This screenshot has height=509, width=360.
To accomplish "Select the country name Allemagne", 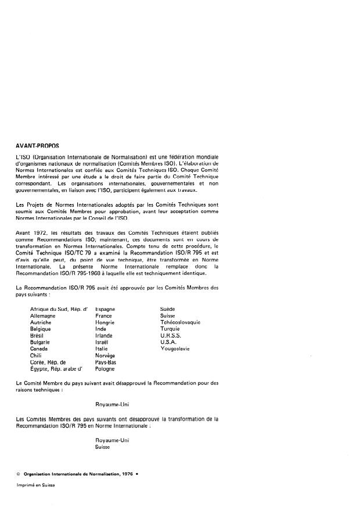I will pos(43,316).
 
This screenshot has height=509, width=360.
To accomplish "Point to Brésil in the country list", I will pos(38,336).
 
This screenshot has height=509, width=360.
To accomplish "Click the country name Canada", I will pos(39,349).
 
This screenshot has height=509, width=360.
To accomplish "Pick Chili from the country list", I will pos(36,356).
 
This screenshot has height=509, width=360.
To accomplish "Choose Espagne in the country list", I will pos(105,309).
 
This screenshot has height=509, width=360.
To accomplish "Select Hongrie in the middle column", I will pos(105,322).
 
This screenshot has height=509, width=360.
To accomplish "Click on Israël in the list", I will pos(103,342).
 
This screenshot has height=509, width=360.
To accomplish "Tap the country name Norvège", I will pos(105,356).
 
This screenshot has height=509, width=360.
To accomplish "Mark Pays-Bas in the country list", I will pos(106,362).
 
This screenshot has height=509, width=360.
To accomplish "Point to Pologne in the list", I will pos(105,368).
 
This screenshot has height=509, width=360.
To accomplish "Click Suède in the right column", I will pos(168,309).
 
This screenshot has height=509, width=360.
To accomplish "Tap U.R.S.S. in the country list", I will pos(171,336).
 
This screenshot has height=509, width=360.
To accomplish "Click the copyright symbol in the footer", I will pos(19,475).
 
